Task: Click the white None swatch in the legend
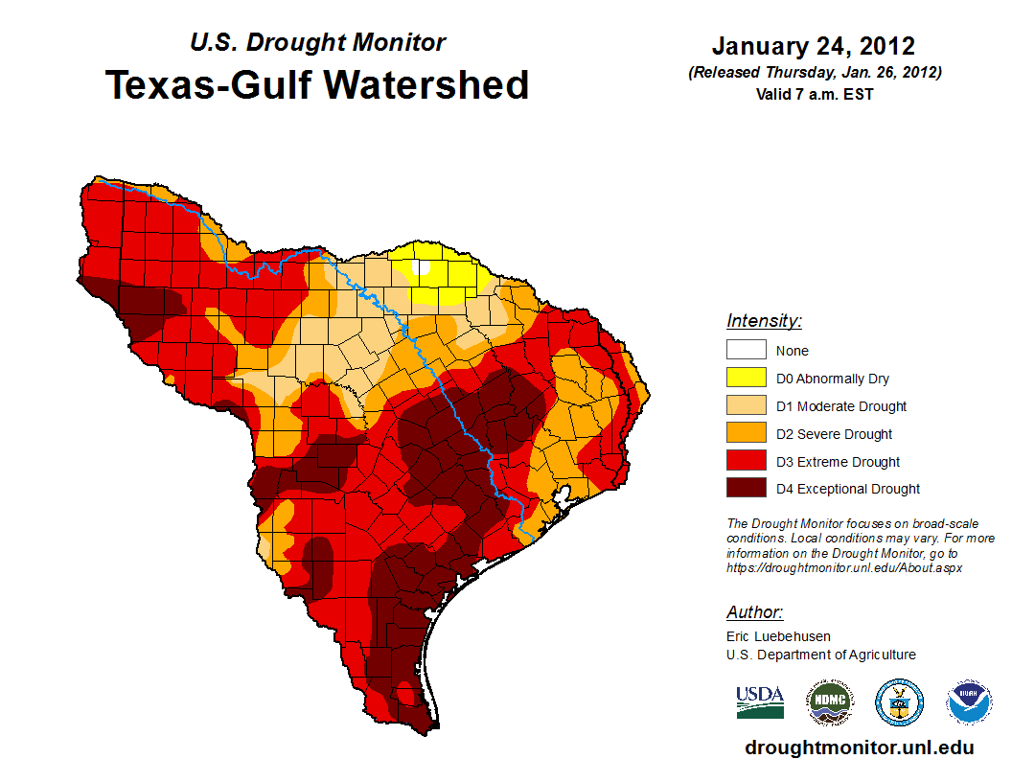point(746,350)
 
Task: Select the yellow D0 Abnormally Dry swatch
point(746,378)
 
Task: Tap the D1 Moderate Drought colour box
point(746,405)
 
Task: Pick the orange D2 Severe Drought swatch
point(746,433)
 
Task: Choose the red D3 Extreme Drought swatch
point(746,461)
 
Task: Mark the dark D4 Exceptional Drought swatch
point(746,488)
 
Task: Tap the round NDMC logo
point(828,702)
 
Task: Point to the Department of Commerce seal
point(899,702)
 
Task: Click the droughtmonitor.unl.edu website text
point(859,747)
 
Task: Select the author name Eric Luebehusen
point(778,635)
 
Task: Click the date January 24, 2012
point(813,46)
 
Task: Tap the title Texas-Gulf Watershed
point(317,84)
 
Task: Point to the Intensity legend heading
point(764,320)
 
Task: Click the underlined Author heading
point(754,611)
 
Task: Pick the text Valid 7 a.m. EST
point(813,94)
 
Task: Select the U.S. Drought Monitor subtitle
point(317,42)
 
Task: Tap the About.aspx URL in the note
point(844,567)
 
